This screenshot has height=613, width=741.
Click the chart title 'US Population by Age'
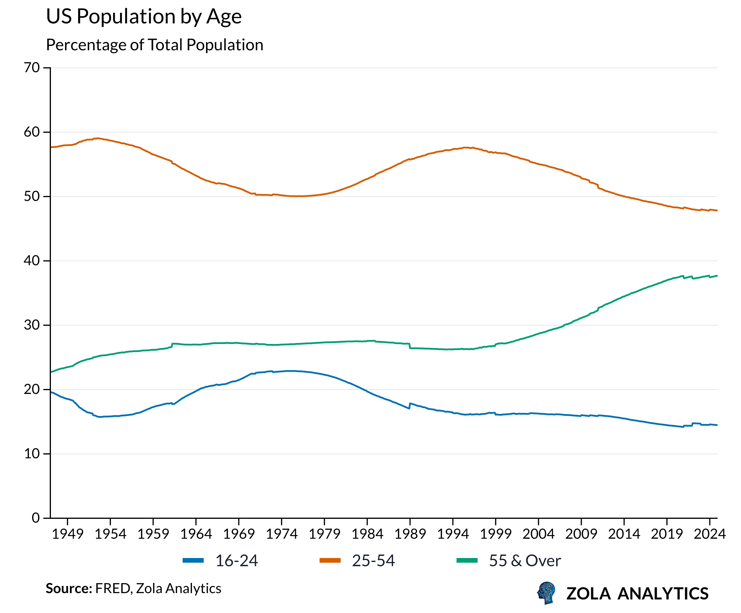click(x=144, y=17)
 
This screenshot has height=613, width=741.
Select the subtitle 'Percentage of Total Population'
click(x=155, y=45)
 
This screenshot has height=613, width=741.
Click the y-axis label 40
click(x=32, y=261)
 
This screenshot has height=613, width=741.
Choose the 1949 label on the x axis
click(x=67, y=534)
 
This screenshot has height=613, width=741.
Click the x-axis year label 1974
click(x=282, y=534)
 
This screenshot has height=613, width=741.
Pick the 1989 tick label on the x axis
click(x=410, y=534)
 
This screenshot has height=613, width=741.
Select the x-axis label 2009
click(x=581, y=534)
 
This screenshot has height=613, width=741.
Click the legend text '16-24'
click(x=236, y=561)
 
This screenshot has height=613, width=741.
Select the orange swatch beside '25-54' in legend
click(x=330, y=560)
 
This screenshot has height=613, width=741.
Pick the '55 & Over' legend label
click(x=525, y=561)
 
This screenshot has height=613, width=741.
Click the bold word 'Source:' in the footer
click(x=69, y=589)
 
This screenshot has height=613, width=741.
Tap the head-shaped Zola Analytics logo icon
click(x=546, y=593)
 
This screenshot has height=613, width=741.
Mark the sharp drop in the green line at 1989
click(x=410, y=346)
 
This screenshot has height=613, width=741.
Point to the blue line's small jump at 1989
click(x=410, y=406)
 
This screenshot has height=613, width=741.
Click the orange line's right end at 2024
click(x=717, y=211)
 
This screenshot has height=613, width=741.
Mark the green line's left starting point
click(x=51, y=372)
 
